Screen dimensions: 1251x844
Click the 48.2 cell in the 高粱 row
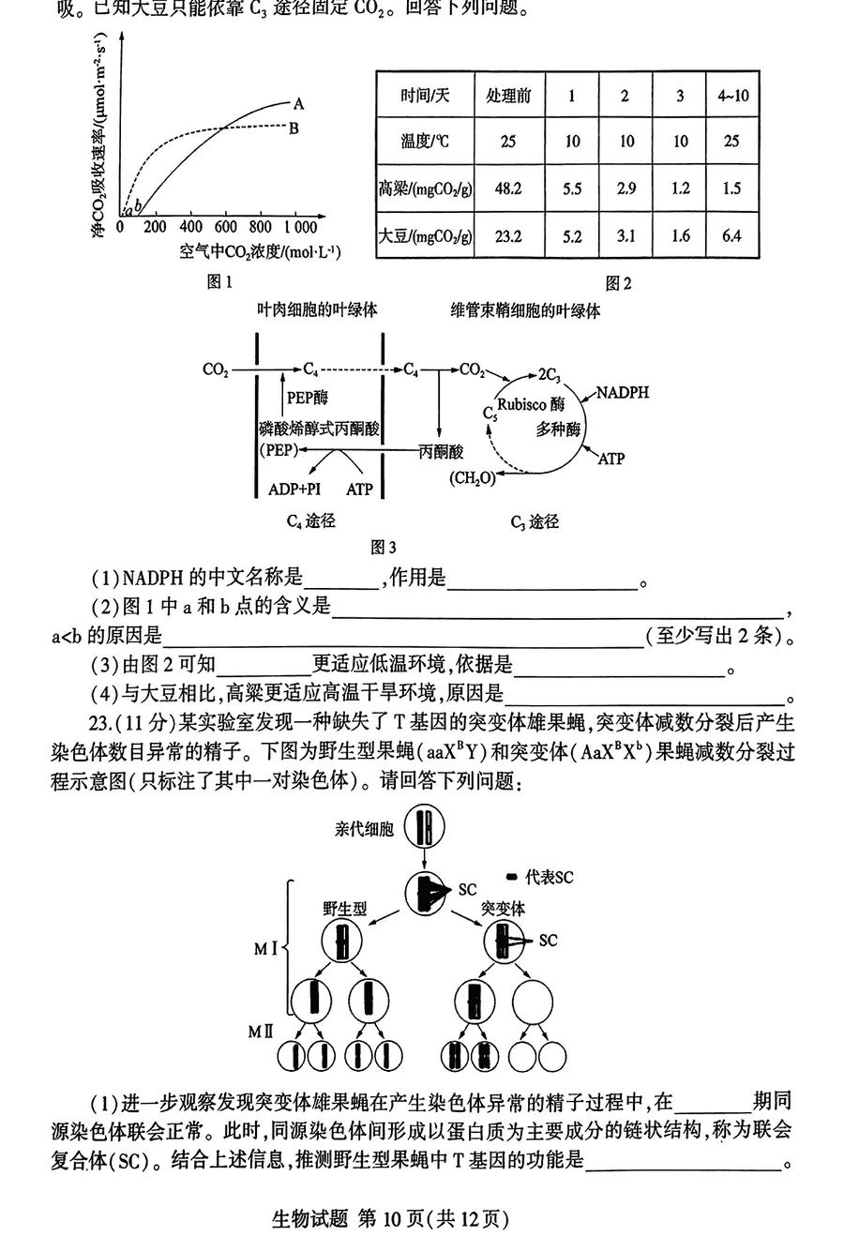(507, 188)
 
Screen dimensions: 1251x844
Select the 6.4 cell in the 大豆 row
(731, 235)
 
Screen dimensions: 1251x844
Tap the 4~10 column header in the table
(732, 96)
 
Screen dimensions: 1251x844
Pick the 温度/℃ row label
(424, 142)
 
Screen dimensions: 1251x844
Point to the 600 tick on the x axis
(226, 227)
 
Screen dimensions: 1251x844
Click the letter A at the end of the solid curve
(298, 103)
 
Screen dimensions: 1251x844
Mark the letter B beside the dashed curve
(294, 128)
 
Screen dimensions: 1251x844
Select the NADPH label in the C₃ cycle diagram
(623, 392)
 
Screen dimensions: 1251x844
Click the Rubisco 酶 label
(532, 405)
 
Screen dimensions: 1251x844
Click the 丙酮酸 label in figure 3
(440, 451)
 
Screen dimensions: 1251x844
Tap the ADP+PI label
(294, 489)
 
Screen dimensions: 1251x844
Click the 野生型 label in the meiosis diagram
(344, 908)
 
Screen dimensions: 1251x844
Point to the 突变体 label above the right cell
(504, 908)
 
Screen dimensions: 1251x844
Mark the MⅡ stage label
(260, 1031)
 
